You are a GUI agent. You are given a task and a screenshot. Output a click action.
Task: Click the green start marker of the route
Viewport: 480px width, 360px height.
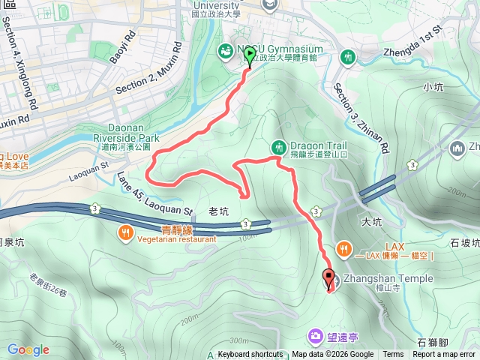250,54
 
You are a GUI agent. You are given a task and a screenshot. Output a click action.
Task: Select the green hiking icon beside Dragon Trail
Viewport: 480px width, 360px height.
279,145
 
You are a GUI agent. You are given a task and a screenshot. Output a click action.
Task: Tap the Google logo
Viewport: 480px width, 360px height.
28,349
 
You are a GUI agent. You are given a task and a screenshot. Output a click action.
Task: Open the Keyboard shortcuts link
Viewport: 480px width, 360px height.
250,355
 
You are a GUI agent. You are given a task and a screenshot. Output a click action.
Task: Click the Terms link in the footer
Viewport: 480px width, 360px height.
393,355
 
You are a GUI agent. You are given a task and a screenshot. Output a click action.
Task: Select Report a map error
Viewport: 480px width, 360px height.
444,355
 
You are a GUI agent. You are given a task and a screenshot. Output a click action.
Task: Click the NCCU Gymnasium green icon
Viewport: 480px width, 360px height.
225,51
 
